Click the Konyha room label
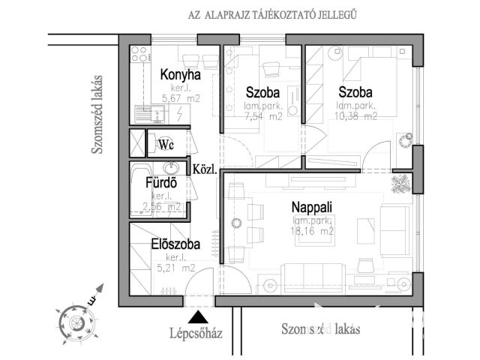click(x=181, y=75)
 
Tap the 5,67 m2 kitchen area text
click(x=181, y=96)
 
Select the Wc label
click(x=166, y=145)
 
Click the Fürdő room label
click(x=160, y=182)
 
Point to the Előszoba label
click(x=175, y=244)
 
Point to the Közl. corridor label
click(x=205, y=169)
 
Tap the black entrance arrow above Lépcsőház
click(x=196, y=317)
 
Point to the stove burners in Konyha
click(x=139, y=54)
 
